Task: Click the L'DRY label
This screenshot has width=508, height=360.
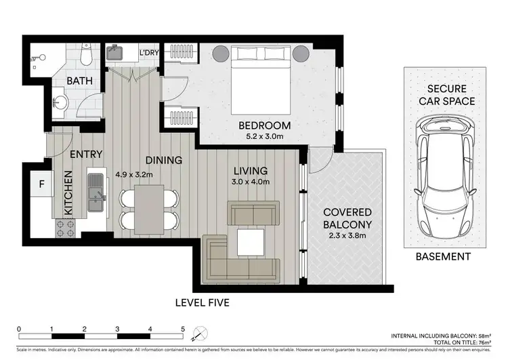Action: pyautogui.click(x=148, y=52)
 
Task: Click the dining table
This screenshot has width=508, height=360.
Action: pyautogui.click(x=149, y=207)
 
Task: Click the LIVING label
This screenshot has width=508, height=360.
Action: pyautogui.click(x=251, y=170)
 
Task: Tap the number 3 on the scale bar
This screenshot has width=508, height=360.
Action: pyautogui.click(x=117, y=329)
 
